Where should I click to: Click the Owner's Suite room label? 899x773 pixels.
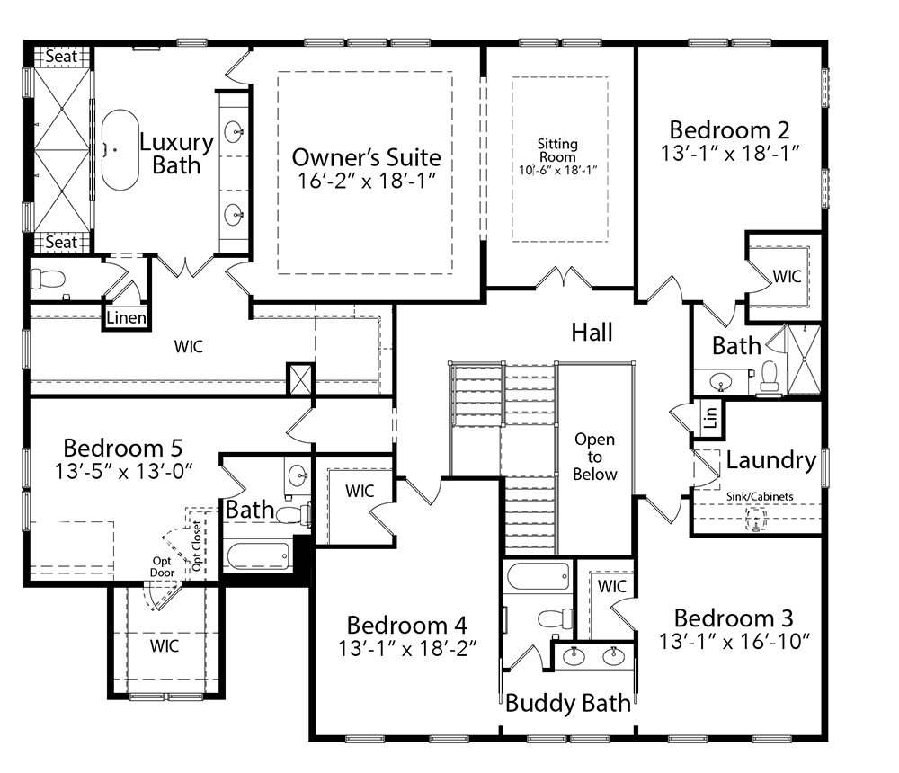[366, 158]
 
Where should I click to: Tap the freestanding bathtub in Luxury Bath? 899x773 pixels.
[120, 150]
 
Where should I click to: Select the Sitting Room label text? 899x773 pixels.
[557, 150]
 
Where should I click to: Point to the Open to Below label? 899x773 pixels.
[595, 457]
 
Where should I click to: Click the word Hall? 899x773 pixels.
[592, 333]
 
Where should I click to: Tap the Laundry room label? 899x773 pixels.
[770, 460]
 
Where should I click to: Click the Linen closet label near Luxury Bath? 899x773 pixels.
[125, 318]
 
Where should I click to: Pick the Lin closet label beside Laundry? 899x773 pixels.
[710, 417]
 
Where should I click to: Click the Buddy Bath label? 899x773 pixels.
[567, 702]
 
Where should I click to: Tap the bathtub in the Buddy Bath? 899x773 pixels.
[538, 576]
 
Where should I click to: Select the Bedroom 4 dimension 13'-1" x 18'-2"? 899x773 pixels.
[407, 647]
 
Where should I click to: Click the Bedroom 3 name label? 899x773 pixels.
[734, 618]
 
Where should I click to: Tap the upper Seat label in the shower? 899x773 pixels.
[61, 57]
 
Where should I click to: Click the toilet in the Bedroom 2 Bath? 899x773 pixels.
[770, 378]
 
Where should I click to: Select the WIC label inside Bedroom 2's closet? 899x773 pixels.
[787, 277]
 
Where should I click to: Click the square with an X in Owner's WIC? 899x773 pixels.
[298, 378]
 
